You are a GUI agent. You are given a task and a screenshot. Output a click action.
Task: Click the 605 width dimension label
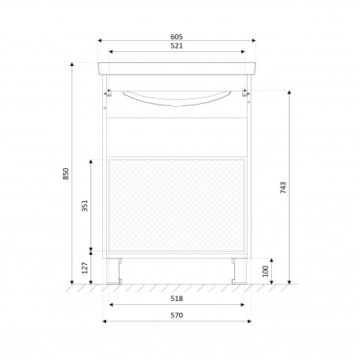tap(177, 37)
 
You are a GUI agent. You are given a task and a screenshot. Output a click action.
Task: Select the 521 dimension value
tap(177, 46)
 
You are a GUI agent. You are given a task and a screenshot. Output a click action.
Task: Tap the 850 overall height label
tap(66, 174)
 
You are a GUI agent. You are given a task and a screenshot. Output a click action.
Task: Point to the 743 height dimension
tap(283, 188)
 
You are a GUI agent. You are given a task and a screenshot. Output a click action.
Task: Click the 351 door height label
tap(84, 205)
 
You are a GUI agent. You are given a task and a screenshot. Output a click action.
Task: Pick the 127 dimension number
tap(84, 268)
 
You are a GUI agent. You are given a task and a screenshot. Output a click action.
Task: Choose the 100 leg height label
tap(266, 271)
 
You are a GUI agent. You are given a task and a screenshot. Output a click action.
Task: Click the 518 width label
tap(177, 299)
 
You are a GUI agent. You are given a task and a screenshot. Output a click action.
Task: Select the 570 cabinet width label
tap(177, 315)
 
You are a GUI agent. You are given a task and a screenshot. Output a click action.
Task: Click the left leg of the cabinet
tap(114, 271)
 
